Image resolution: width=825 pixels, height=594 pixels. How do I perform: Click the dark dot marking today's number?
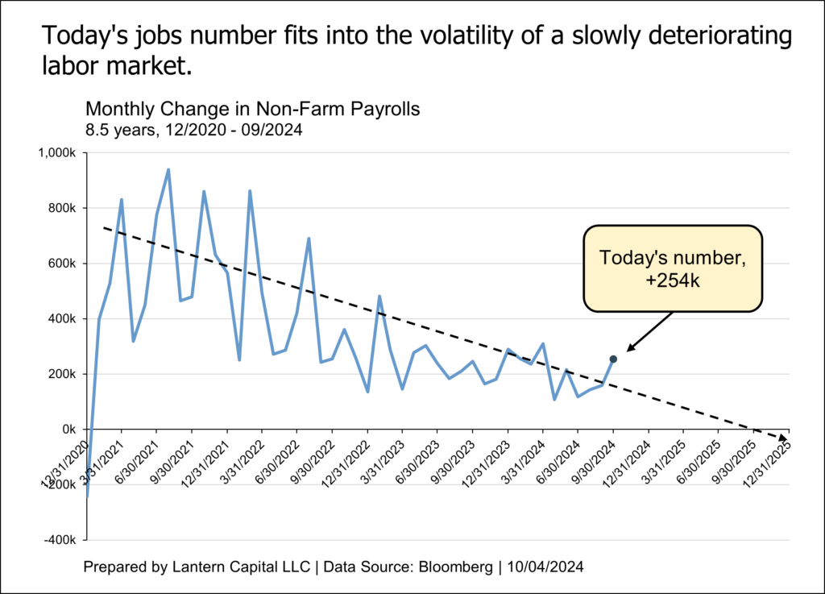pyautogui.click(x=613, y=359)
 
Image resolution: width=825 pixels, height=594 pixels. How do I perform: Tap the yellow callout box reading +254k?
pyautogui.click(x=672, y=268)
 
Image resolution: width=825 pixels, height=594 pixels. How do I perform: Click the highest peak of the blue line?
pyautogui.click(x=168, y=169)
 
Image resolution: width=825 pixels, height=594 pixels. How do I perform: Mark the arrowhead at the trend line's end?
pyautogui.click(x=785, y=437)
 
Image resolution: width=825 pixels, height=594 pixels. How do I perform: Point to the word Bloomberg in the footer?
pyautogui.click(x=453, y=567)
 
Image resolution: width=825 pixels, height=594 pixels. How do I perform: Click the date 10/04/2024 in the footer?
pyautogui.click(x=545, y=567)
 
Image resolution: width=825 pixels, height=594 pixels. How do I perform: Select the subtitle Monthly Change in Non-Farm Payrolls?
pyautogui.click(x=252, y=110)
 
